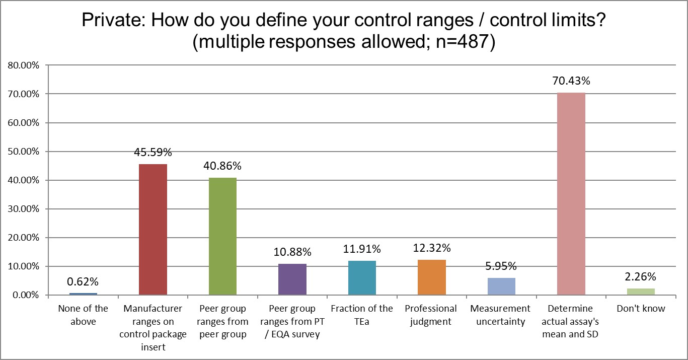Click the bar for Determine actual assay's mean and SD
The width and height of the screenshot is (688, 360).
click(571, 194)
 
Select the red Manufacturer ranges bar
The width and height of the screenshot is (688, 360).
click(153, 229)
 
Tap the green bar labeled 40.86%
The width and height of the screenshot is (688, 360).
click(222, 236)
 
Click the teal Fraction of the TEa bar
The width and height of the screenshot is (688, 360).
click(362, 277)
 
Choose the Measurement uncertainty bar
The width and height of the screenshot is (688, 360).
click(501, 286)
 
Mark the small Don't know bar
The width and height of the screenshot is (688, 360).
click(641, 292)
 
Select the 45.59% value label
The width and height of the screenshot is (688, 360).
click(153, 152)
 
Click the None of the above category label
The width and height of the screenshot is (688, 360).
click(83, 315)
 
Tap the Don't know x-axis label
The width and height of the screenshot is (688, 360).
click(641, 309)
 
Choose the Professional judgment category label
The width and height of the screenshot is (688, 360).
click(431, 315)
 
